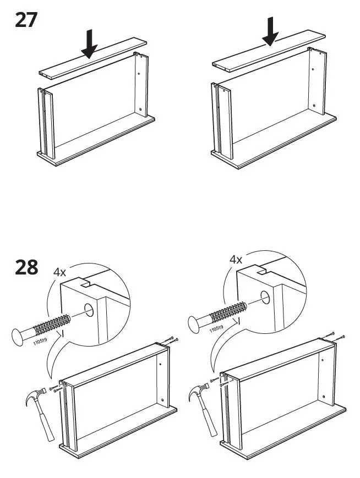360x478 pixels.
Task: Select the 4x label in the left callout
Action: (x=60, y=272)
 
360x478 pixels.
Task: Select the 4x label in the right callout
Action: (x=236, y=260)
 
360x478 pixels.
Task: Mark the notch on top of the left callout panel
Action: (x=83, y=284)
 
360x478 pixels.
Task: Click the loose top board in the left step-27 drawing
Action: (x=94, y=59)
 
